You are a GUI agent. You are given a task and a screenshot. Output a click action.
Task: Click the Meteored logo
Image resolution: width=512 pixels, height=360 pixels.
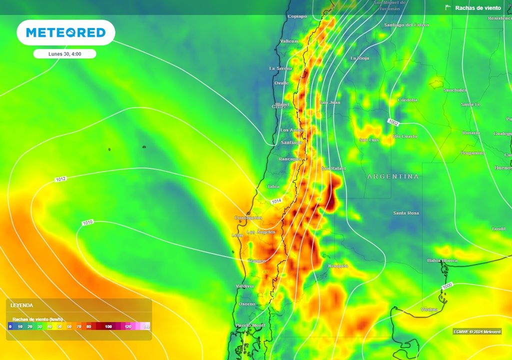click(x=65, y=32)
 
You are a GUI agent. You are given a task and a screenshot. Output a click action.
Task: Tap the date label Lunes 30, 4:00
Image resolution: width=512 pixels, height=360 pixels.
click(x=64, y=54)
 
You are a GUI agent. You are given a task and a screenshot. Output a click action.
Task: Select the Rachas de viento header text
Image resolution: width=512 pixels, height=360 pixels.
click(x=477, y=8)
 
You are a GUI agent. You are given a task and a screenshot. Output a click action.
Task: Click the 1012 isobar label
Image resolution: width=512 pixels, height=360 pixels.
click(x=60, y=179)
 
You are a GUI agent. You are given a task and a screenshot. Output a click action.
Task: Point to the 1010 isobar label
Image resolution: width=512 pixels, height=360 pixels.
click(x=87, y=222)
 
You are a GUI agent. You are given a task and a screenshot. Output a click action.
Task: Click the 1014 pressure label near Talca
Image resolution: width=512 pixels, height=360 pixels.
click(x=276, y=201)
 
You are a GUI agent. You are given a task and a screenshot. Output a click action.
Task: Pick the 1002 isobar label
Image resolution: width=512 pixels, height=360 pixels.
click(x=392, y=122)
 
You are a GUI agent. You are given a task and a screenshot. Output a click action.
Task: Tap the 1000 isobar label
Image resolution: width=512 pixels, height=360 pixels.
click(x=447, y=285)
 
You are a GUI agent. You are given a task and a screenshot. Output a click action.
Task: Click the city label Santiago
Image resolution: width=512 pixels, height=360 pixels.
click(x=291, y=142)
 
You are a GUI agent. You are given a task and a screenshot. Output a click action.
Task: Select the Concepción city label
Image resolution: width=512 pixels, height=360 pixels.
click(x=248, y=218)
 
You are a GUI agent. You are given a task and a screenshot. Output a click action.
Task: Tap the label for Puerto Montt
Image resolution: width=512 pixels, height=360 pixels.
click(x=250, y=325)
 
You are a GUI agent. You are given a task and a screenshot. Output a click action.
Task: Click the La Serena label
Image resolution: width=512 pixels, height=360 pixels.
click(x=280, y=68)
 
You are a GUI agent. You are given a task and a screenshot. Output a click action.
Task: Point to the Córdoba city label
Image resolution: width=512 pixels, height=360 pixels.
click(x=407, y=100)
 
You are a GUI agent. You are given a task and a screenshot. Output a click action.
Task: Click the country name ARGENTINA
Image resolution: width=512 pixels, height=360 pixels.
click(x=393, y=176)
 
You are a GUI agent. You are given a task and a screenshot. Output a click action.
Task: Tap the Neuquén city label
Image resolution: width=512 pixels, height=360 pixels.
click(x=337, y=266)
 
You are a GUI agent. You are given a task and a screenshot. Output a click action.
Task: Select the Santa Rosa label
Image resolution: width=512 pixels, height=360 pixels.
click(x=405, y=213)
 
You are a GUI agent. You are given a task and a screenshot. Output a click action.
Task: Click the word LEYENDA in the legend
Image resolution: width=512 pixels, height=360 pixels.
click(x=21, y=305)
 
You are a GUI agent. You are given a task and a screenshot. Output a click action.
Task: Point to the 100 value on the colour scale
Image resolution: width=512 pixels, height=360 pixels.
click(x=108, y=326)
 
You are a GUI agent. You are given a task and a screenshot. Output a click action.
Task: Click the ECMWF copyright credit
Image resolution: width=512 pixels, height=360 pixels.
click(x=476, y=331)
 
